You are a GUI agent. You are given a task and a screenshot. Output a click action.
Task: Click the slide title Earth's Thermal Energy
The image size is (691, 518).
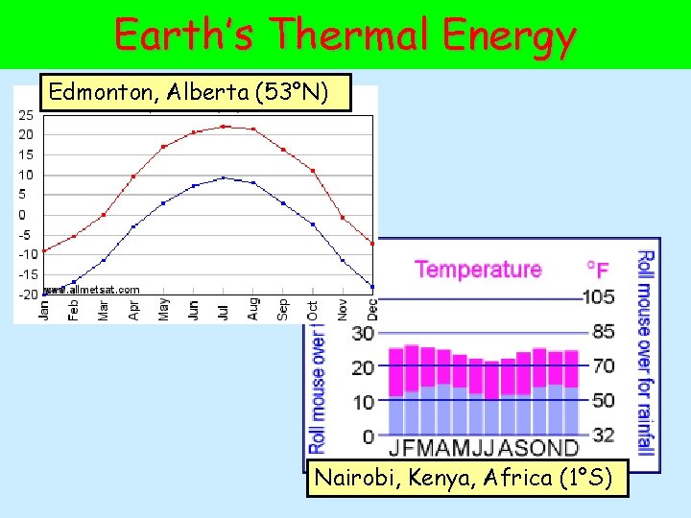pos(345,35)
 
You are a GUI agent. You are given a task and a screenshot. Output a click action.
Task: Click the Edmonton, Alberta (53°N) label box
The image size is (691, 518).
pos(189,92)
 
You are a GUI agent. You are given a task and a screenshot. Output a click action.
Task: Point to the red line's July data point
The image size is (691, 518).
pos(224,126)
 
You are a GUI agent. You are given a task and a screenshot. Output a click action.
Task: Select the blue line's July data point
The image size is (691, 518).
pos(224,177)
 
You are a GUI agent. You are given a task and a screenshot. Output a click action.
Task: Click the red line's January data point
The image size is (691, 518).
pos(44,250)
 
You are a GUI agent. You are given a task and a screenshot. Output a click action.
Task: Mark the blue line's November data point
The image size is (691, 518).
pos(343,260)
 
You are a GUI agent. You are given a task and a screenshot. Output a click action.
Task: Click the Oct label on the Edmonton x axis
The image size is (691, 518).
pos(313,309)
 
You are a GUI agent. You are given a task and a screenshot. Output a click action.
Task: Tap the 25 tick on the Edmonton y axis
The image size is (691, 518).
pos(26,115)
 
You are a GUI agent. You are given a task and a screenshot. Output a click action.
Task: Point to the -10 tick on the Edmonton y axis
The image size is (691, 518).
pos(26,255)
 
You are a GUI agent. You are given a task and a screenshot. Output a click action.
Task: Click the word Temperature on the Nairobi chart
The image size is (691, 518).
pos(478,270)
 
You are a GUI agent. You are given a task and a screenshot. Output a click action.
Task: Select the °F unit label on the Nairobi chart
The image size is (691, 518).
pos(597,270)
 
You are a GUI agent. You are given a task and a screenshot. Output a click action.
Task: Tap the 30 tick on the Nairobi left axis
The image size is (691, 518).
pos(363,334)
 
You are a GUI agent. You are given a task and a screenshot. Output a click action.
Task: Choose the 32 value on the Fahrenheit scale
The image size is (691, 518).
pos(603,436)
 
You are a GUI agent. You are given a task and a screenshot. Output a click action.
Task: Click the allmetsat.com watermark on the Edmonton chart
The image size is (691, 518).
pos(96,289)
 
